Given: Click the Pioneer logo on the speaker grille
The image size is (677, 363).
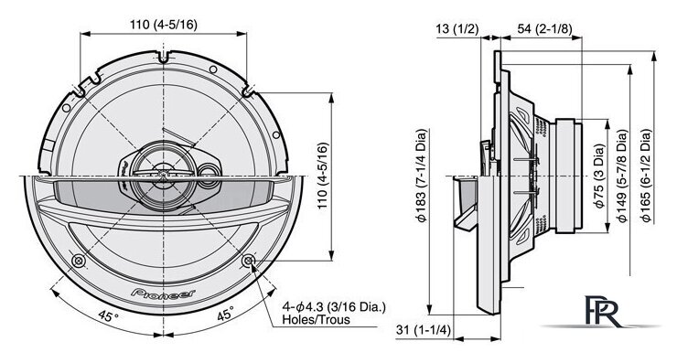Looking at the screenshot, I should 163,293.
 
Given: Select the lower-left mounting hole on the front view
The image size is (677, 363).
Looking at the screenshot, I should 79,261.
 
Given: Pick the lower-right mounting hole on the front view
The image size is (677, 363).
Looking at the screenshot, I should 249,261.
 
